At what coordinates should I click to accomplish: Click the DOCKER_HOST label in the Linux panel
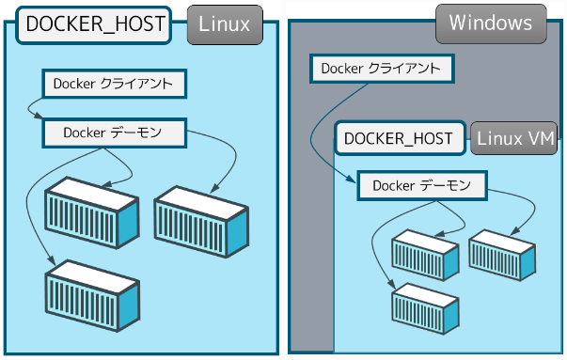(x=92, y=25)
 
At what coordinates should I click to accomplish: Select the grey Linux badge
(x=224, y=25)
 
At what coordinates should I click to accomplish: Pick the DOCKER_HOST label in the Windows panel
(x=399, y=138)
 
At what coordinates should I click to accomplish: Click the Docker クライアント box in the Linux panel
(x=113, y=84)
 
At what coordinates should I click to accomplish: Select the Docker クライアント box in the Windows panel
(x=381, y=69)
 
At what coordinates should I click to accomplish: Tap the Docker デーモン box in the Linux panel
(x=113, y=133)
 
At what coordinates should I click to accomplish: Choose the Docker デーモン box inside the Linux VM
(x=421, y=186)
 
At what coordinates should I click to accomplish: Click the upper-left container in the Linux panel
(x=92, y=211)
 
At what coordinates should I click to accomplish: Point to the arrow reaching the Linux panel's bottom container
(x=31, y=216)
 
